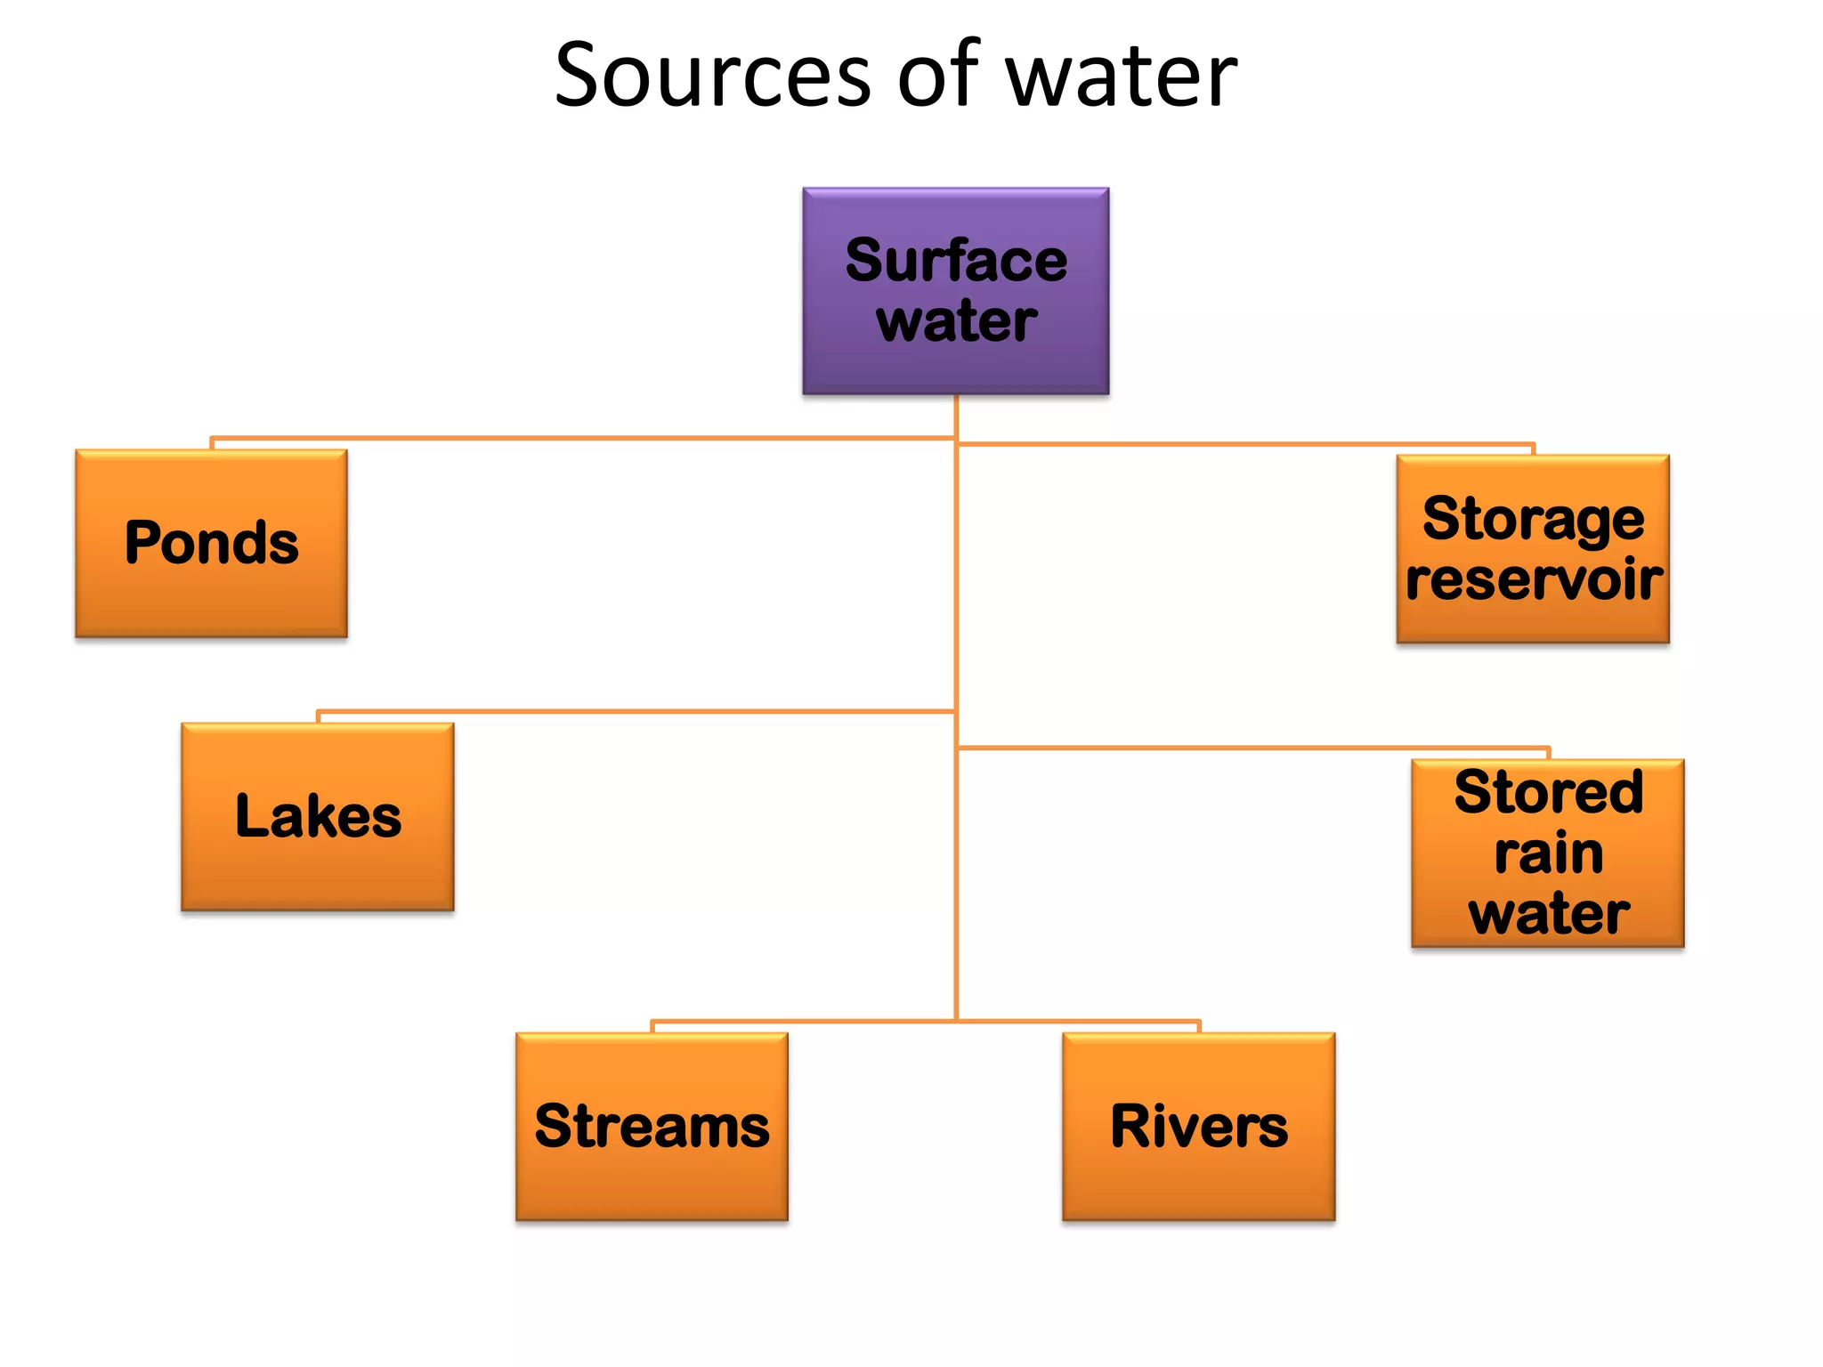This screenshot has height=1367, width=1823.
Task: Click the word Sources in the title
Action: (712, 76)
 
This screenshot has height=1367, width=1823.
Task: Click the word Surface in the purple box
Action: (956, 261)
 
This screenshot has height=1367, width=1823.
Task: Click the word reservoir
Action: (1533, 579)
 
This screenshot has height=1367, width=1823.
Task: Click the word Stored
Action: (1548, 792)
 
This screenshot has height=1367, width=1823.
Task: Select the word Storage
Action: (1533, 519)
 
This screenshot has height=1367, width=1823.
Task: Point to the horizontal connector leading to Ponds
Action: (579, 438)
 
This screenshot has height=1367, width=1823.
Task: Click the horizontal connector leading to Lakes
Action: (632, 711)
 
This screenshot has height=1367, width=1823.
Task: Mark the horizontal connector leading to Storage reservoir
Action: (1246, 443)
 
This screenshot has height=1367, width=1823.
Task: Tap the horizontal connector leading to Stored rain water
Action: (1246, 748)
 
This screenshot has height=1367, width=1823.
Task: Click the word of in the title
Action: (937, 76)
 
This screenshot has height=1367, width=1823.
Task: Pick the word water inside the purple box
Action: (956, 321)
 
